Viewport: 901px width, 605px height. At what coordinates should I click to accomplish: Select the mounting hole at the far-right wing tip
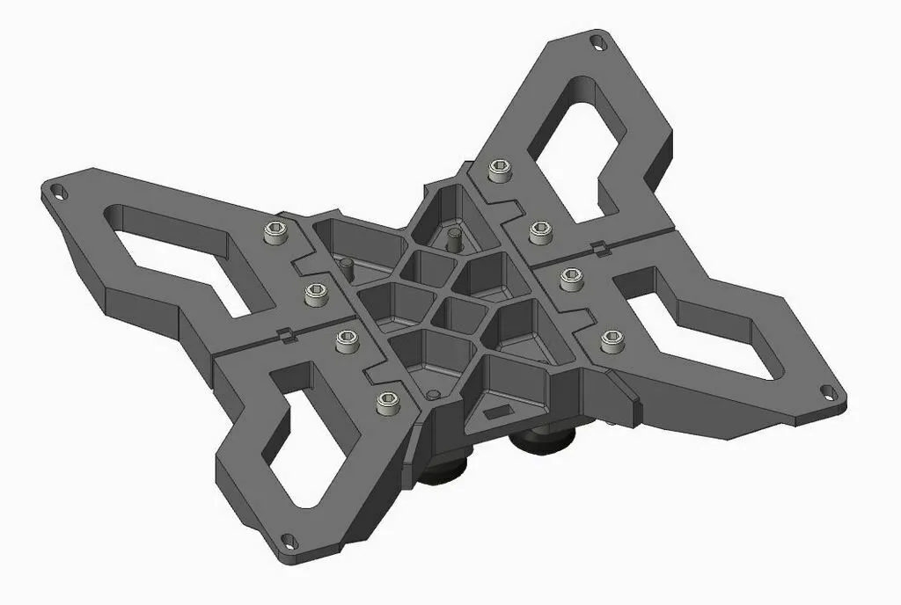829,394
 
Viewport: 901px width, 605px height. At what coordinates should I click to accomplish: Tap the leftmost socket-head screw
275,233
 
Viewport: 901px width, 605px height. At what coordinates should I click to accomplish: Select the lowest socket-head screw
385,403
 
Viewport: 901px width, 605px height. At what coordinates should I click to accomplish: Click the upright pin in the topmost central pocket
454,237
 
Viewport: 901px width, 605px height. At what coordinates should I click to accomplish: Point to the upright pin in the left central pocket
346,264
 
